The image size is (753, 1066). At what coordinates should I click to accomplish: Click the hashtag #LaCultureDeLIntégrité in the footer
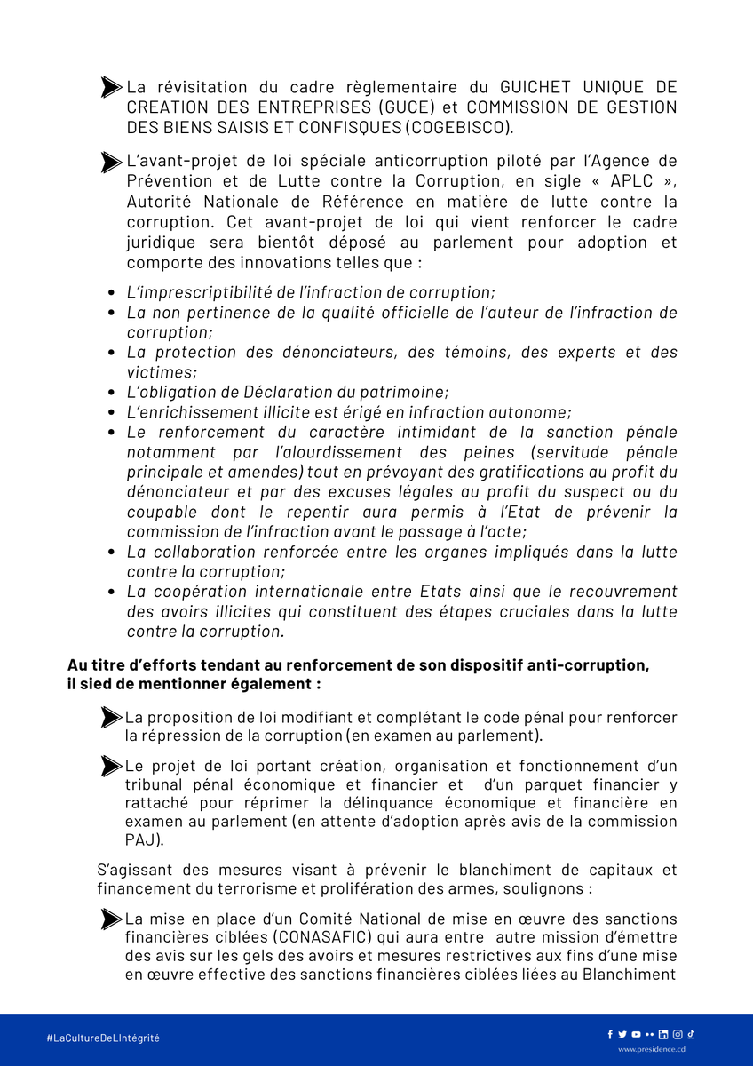[103, 1038]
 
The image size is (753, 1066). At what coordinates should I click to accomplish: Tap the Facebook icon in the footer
[610, 1034]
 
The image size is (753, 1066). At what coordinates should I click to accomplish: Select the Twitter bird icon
[622, 1034]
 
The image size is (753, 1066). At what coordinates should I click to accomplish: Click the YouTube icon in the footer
[636, 1034]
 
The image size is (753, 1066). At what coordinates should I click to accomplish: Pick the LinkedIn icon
[663, 1034]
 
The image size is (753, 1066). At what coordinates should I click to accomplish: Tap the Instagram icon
[678, 1034]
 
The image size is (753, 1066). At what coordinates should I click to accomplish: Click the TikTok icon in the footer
[691, 1034]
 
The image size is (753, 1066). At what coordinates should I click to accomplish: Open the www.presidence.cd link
[652, 1049]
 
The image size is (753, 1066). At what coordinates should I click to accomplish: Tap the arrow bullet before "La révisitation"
[112, 87]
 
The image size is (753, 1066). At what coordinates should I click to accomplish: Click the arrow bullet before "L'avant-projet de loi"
[112, 162]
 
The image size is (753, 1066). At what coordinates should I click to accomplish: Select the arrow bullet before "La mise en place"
[112, 918]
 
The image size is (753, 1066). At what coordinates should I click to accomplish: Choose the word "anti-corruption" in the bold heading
[585, 665]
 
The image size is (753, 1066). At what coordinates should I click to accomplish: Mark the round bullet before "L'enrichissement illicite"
[111, 412]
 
